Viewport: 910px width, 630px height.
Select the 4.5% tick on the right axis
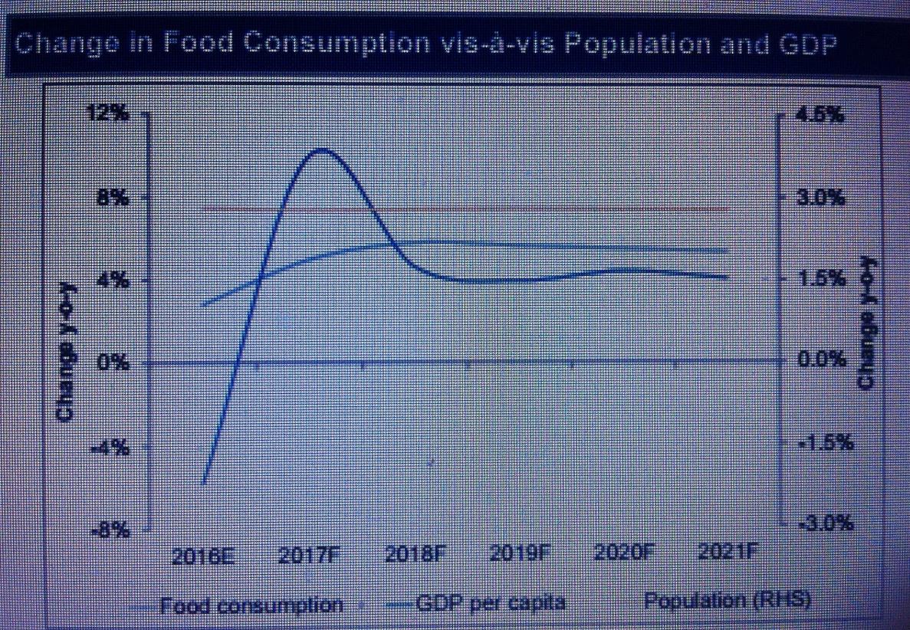821,115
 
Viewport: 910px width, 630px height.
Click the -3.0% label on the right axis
823,523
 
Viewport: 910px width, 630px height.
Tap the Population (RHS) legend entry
727,601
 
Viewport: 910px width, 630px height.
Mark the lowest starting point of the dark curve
203,484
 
